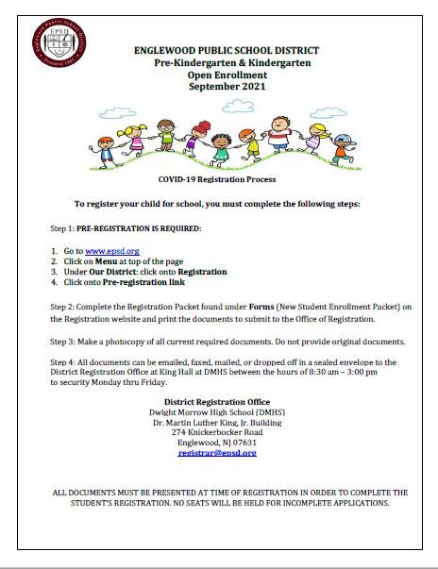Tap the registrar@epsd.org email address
[x=218, y=453]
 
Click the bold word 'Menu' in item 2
[x=119, y=260]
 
